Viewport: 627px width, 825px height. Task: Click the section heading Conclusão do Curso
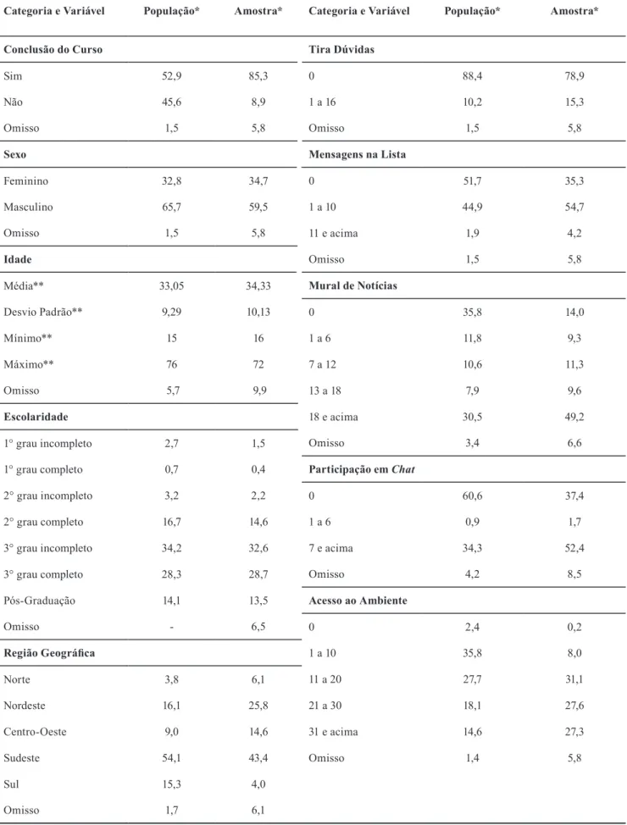coord(53,49)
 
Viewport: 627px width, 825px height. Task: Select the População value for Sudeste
coord(172,757)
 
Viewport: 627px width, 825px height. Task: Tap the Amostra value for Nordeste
coord(258,705)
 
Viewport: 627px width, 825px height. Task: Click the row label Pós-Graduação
coord(40,601)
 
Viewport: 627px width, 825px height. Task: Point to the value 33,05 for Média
coord(172,285)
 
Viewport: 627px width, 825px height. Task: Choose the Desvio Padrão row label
coord(43,312)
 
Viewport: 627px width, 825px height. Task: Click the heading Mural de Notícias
coord(352,285)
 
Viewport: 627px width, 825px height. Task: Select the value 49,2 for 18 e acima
coord(574,417)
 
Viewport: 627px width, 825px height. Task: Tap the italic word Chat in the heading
coord(403,469)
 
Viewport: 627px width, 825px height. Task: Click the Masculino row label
coord(29,207)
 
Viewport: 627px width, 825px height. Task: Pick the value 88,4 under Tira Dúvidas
coord(472,75)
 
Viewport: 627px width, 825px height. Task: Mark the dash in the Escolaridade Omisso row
coord(172,627)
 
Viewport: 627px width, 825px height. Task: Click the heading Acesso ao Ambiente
coord(358,601)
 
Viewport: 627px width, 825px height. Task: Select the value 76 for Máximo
coord(172,364)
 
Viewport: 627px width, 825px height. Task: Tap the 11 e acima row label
coord(333,233)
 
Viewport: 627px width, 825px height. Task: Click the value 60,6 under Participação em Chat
coord(472,496)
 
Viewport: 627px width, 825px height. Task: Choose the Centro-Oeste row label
coord(36,731)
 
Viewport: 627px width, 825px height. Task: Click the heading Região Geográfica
coord(49,653)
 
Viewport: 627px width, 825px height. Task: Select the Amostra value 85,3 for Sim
coord(258,75)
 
